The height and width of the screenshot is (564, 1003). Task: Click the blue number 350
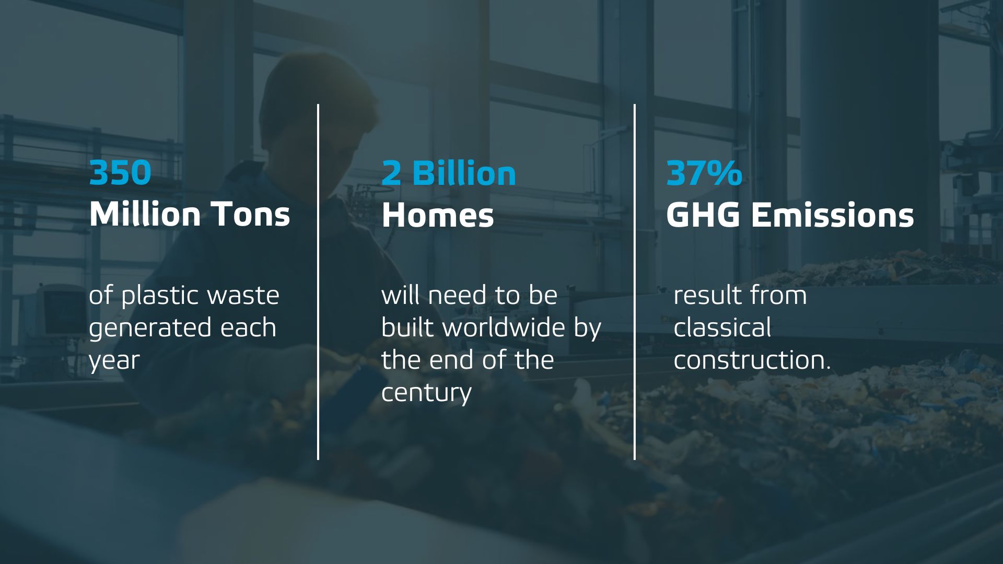click(x=120, y=173)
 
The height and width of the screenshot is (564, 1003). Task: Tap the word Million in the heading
click(x=145, y=214)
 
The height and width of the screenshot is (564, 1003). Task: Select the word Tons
click(x=251, y=214)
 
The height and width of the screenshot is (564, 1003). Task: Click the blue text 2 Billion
click(x=449, y=173)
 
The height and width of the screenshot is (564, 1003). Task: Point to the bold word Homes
click(x=438, y=215)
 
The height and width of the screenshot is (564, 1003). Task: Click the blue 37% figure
click(x=704, y=173)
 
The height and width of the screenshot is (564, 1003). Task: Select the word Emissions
click(x=833, y=215)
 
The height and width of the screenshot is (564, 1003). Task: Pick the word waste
click(x=243, y=296)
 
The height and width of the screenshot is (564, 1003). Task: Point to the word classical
click(x=722, y=327)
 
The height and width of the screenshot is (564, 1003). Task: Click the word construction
click(x=751, y=360)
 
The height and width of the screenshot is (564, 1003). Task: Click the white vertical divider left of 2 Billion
click(x=318, y=282)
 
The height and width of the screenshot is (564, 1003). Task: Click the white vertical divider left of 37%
click(x=635, y=282)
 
